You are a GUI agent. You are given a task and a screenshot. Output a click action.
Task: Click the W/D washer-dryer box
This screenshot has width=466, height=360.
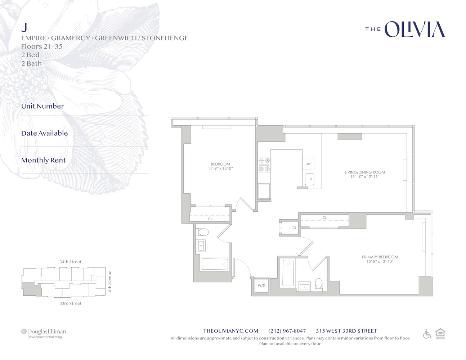click(261, 285)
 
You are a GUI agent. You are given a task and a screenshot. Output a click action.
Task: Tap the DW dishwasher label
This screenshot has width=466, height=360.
click(308, 164)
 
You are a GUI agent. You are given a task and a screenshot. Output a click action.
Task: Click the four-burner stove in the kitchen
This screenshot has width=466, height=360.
click(264, 165)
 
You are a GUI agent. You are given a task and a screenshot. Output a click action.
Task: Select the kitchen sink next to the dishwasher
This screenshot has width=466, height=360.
click(310, 179)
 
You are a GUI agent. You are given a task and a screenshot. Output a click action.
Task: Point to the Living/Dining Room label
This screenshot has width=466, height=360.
click(365, 172)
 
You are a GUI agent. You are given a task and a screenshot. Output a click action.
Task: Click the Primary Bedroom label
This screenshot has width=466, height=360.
click(380, 257)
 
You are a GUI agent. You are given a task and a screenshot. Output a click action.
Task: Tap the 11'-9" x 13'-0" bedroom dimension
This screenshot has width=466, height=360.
click(220, 168)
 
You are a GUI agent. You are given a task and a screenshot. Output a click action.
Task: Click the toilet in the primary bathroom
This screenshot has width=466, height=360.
click(319, 284)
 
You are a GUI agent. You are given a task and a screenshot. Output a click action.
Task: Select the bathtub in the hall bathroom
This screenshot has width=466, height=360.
click(215, 264)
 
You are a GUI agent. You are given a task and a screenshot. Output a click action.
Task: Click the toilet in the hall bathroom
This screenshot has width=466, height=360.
click(202, 232)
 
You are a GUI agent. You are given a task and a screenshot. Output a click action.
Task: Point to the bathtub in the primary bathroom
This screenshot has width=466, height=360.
click(288, 273)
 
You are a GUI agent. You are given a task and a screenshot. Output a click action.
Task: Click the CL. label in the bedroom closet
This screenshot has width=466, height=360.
click(210, 219)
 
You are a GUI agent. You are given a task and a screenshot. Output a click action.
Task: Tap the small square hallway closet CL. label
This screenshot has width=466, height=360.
click(295, 228)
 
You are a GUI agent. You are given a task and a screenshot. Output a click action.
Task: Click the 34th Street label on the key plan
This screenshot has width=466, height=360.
click(71, 262)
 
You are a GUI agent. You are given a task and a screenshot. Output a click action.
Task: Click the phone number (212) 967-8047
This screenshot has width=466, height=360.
click(287, 331)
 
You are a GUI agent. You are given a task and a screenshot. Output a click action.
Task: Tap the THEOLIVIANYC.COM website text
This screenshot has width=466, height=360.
click(231, 331)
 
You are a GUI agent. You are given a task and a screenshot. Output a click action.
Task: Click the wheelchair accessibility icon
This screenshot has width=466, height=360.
click(427, 334)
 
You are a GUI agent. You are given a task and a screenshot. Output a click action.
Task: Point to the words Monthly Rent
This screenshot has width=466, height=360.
click(44, 160)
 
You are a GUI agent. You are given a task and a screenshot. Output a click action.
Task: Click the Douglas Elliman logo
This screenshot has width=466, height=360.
click(44, 333)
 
